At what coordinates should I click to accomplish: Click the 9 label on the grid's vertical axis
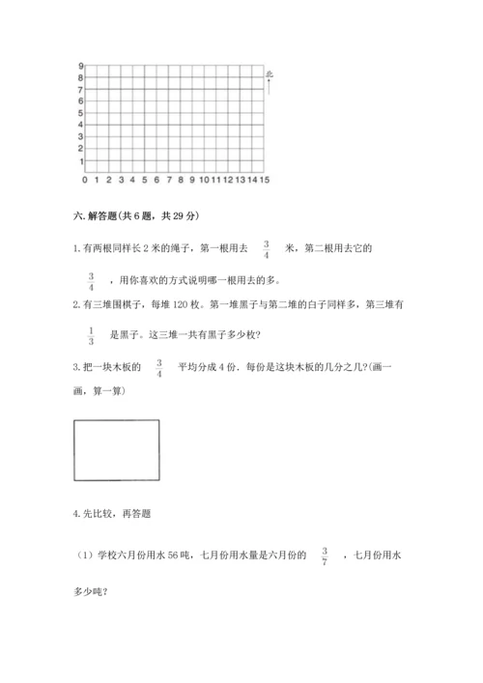[x=80, y=66]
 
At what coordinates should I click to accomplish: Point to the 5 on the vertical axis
[x=80, y=113]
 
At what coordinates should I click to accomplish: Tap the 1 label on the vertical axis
[x=80, y=160]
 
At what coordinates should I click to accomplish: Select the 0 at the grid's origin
[x=85, y=180]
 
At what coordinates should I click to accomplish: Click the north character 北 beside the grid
[x=270, y=73]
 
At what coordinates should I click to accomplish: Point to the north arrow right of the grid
[x=270, y=87]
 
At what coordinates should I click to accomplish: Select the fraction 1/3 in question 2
[x=91, y=335]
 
